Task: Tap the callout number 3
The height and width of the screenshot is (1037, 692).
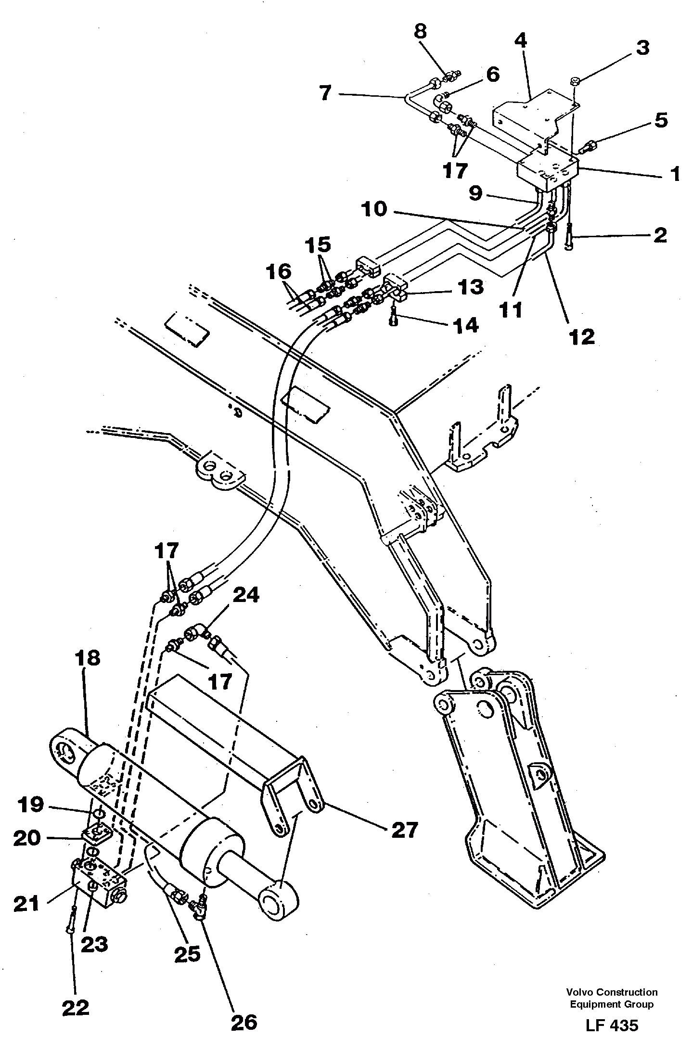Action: click(643, 48)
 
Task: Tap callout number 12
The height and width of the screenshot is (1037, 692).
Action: click(582, 337)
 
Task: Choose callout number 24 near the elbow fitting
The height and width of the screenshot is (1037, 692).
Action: click(246, 596)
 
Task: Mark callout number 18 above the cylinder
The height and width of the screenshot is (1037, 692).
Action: click(87, 658)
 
